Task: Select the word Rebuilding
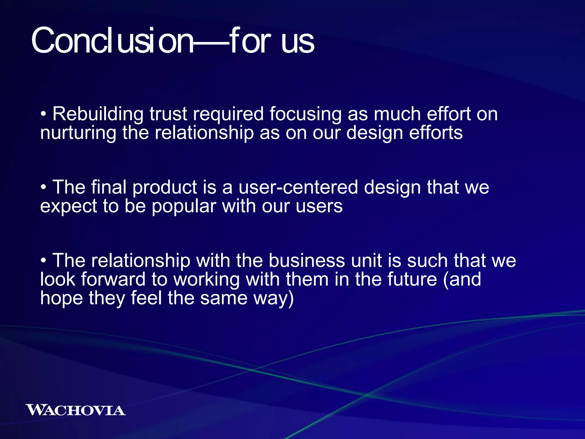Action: (x=98, y=114)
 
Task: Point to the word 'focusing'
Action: (x=305, y=114)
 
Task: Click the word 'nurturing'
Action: (x=78, y=133)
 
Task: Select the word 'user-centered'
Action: (x=298, y=187)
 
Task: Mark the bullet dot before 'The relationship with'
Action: (x=43, y=261)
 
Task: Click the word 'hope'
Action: (x=61, y=298)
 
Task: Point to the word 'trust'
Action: (x=168, y=114)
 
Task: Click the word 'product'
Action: (x=165, y=188)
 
